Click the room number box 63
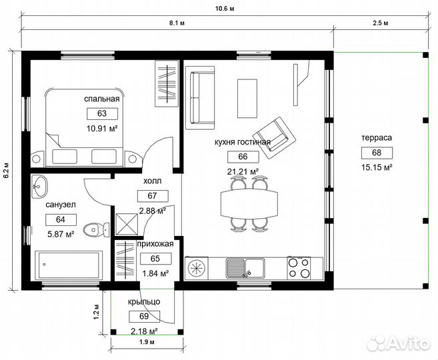pyautogui.click(x=102, y=113)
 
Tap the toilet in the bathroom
pyautogui.click(x=97, y=230)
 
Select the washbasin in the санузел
pyautogui.click(x=39, y=187)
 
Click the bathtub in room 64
pyautogui.click(x=69, y=265)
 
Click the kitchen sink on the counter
pyautogui.click(x=245, y=268)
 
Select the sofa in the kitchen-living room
pyautogui.click(x=200, y=98)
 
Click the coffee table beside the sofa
pyautogui.click(x=247, y=98)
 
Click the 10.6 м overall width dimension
pyautogui.click(x=225, y=9)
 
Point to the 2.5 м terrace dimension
pyautogui.click(x=381, y=23)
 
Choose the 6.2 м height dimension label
pyautogui.click(x=6, y=170)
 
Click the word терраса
pyautogui.click(x=377, y=138)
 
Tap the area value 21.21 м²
pyautogui.click(x=243, y=171)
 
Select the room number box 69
pyautogui.click(x=144, y=317)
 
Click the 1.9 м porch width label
pyautogui.click(x=147, y=342)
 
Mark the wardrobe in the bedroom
pyautogui.click(x=167, y=83)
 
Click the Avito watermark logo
pyautogui.click(x=399, y=343)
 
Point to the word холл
pyautogui.click(x=153, y=181)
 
